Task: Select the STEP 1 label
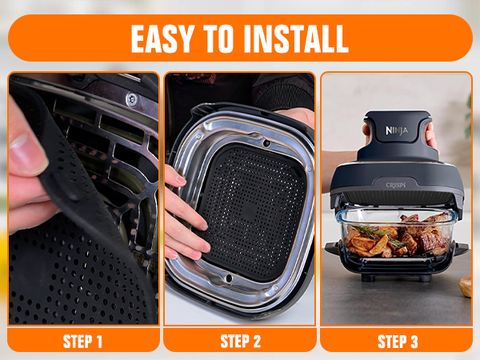[82, 342]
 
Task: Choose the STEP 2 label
[240, 342]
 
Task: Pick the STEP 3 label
[398, 342]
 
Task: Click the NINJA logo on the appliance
[397, 130]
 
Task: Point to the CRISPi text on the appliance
[395, 186]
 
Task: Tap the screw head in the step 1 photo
[132, 99]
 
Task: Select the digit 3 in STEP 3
[414, 342]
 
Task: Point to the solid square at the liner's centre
[249, 212]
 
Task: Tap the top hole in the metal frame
[266, 143]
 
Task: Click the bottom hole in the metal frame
[229, 278]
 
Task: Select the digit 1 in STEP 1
[98, 342]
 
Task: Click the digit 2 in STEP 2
[257, 342]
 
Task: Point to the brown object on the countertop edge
[466, 286]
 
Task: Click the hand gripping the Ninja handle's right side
[431, 136]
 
